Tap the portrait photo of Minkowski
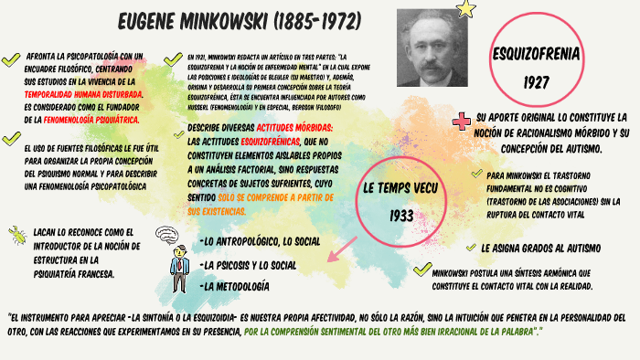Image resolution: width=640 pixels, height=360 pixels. tap(431, 48)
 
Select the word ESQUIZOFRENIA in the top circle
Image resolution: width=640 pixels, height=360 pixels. tap(536, 55)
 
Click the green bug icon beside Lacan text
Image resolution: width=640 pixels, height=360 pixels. tap(17, 235)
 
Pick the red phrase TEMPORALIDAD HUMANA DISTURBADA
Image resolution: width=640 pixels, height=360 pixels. tap(84, 94)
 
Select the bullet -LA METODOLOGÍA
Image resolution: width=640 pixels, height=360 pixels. tap(234, 286)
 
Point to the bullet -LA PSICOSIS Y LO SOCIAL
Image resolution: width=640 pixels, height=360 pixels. tap(248, 264)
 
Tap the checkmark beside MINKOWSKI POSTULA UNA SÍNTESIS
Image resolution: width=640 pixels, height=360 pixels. tap(421, 270)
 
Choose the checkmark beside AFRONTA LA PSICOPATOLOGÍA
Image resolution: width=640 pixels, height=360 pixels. tap(11, 59)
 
